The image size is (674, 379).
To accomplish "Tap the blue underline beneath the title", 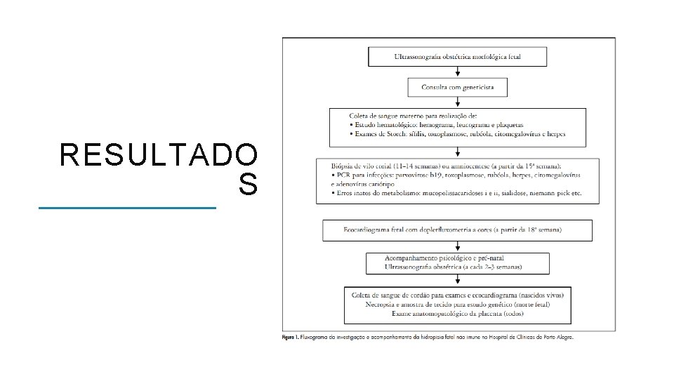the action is pyautogui.click(x=127, y=208).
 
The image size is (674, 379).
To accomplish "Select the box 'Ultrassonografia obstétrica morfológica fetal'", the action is pyautogui.click(x=458, y=55).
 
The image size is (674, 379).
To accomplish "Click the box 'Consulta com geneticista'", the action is pyautogui.click(x=458, y=87).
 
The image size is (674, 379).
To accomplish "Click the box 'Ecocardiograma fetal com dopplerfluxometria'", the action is pyautogui.click(x=457, y=230).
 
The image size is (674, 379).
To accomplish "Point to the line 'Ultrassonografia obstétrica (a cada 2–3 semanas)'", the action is pyautogui.click(x=453, y=267).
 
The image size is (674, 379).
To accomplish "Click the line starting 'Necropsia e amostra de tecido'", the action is pyautogui.click(x=457, y=304).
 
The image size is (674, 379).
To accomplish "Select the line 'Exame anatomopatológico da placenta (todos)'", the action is pyautogui.click(x=457, y=313).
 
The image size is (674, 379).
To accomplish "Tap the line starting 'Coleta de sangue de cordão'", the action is pyautogui.click(x=457, y=295).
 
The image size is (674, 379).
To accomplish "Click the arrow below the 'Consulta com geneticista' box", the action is pyautogui.click(x=458, y=102).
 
